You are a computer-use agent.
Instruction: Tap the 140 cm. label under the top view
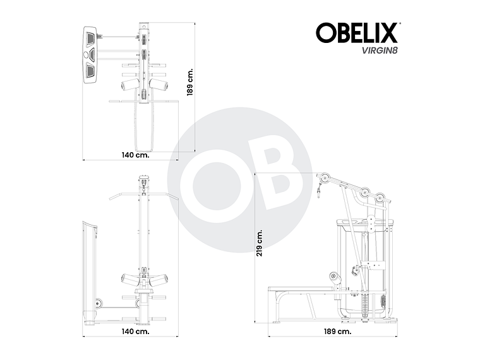point(135,155)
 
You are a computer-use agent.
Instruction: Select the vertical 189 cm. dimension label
point(189,81)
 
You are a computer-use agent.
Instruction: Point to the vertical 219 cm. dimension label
point(260,241)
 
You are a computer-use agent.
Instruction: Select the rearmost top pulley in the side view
point(381,199)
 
